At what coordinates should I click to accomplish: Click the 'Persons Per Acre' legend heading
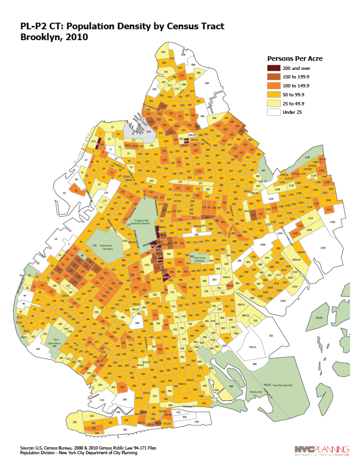(295, 59)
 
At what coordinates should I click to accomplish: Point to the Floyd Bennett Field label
(282, 385)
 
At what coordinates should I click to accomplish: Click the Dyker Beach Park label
(58, 343)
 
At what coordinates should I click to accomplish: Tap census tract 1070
(323, 247)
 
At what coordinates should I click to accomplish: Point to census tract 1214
(329, 209)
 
